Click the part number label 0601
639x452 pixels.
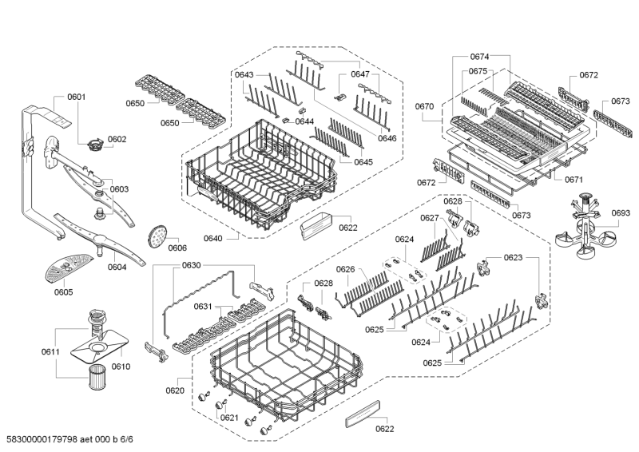(77, 97)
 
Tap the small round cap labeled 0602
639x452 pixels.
(97, 145)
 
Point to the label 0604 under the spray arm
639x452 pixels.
(117, 267)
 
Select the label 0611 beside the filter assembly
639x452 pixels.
(50, 351)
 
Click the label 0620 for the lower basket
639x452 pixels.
(175, 391)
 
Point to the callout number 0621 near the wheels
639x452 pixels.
(229, 418)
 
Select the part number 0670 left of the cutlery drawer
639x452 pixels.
(424, 106)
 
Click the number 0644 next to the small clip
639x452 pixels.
(304, 121)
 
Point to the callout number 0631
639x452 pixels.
(203, 307)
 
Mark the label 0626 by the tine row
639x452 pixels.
(345, 269)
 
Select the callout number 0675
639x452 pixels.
(478, 71)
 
